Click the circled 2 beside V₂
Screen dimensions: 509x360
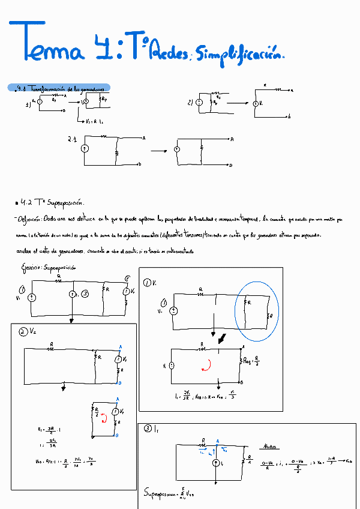pos(22,332)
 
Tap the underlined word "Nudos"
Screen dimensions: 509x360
pos(271,447)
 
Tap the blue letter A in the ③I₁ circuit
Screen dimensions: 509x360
pos(217,440)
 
